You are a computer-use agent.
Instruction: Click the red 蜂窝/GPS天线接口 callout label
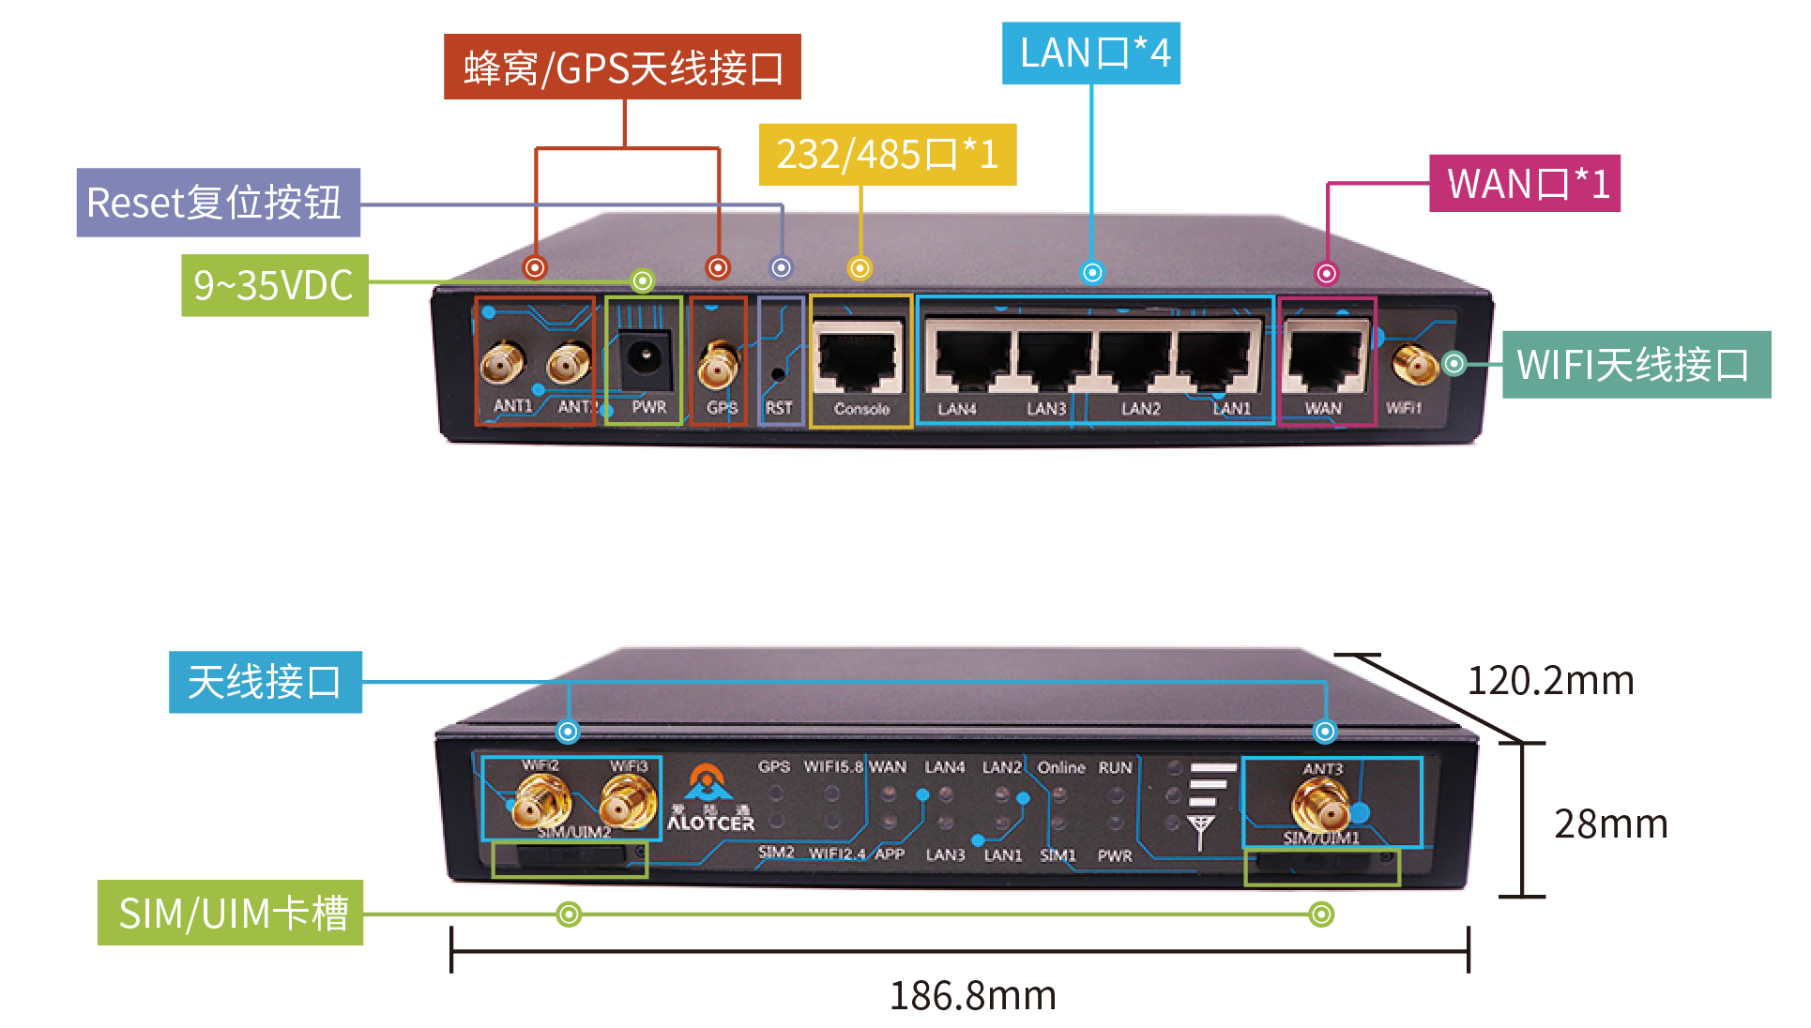point(621,67)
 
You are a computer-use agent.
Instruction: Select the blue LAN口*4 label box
point(1090,53)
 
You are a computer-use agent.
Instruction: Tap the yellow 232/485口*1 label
point(887,154)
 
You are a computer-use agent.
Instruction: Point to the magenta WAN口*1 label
point(1524,183)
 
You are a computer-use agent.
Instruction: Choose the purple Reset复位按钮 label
point(218,203)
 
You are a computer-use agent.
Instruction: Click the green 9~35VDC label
point(274,285)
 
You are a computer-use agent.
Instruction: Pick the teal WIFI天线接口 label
point(1636,365)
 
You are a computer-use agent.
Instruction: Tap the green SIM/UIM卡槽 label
point(231,913)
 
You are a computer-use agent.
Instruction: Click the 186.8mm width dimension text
point(972,995)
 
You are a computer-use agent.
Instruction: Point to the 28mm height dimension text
point(1610,824)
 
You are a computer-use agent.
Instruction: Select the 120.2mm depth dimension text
point(1549,680)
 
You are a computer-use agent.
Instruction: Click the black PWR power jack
point(644,357)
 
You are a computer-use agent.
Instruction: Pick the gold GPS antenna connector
point(717,366)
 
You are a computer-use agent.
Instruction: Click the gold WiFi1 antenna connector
point(1413,364)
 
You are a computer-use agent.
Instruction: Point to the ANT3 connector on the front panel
point(1321,804)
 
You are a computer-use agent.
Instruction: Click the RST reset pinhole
point(777,374)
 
